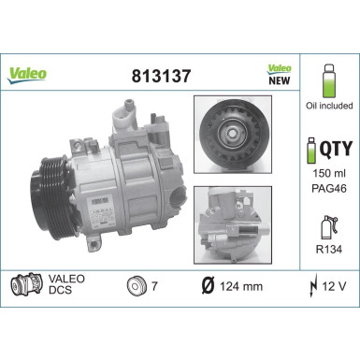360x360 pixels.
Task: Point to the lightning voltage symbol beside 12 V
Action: point(310,284)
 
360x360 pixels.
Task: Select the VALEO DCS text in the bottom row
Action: point(65,284)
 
